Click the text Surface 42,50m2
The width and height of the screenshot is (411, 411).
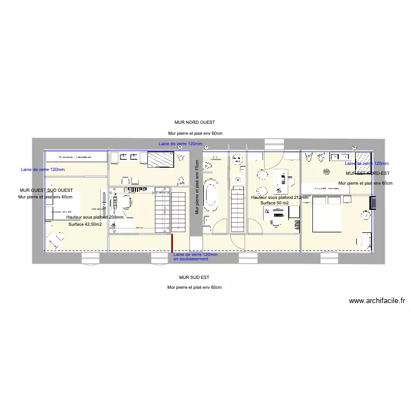85,224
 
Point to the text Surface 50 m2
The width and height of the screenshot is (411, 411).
278,203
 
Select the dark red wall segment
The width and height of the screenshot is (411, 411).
173,242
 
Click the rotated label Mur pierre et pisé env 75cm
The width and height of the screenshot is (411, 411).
196,186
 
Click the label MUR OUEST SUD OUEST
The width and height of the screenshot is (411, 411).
45,190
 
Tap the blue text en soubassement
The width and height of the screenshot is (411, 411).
191,259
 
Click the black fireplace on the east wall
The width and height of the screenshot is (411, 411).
373,203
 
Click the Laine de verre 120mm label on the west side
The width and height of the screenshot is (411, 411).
42,169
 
